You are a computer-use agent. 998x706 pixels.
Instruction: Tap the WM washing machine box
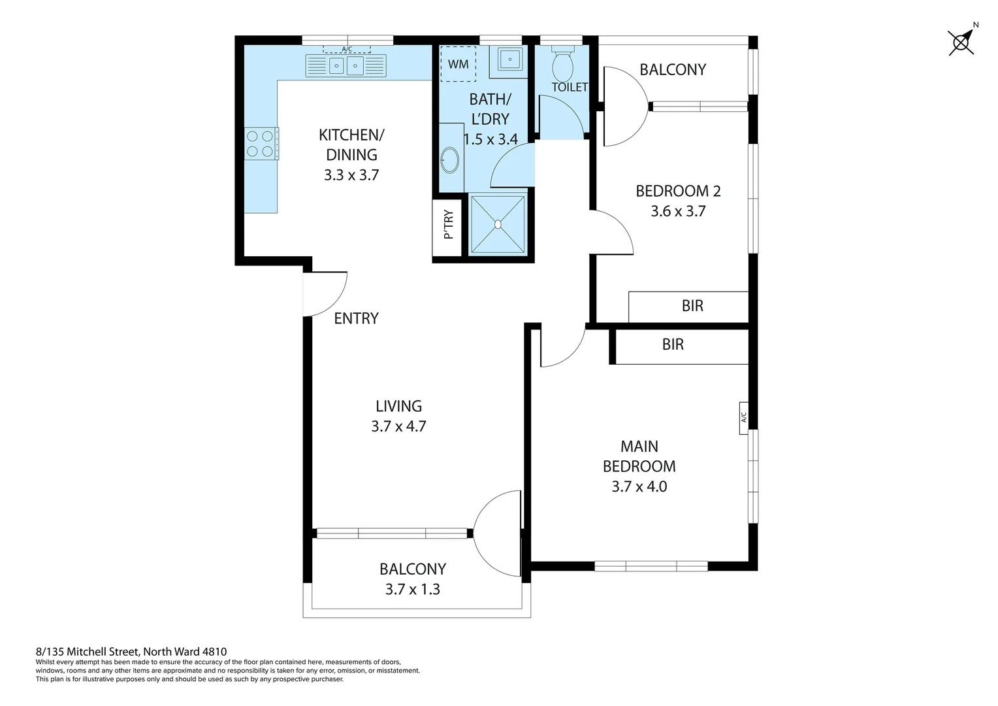tap(459, 64)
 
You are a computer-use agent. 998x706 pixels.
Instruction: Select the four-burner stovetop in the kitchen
tap(260, 144)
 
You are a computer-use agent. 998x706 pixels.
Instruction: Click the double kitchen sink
tap(346, 65)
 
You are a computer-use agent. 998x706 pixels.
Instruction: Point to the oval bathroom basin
tap(450, 160)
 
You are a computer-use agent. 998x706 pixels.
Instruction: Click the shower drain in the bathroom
tap(498, 224)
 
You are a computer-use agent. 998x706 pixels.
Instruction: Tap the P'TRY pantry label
tap(448, 225)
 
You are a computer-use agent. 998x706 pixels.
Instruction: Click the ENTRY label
tap(356, 318)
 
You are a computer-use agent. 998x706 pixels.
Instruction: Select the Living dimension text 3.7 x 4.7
tap(398, 426)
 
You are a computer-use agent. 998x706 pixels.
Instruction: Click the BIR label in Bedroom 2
tap(692, 306)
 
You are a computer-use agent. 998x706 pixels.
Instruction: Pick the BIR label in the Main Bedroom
tap(673, 345)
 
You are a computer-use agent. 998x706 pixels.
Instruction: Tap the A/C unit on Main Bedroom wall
tap(743, 417)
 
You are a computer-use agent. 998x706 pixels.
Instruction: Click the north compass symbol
tap(961, 42)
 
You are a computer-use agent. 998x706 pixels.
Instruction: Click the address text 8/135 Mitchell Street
tap(131, 651)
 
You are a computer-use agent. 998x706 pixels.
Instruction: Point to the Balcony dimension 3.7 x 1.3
tap(412, 590)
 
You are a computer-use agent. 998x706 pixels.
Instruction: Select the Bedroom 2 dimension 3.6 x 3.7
tap(678, 211)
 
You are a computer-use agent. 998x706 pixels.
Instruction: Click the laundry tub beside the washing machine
tap(509, 59)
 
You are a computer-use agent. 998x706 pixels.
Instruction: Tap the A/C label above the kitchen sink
tap(347, 49)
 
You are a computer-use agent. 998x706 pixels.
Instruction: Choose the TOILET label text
tap(570, 87)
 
